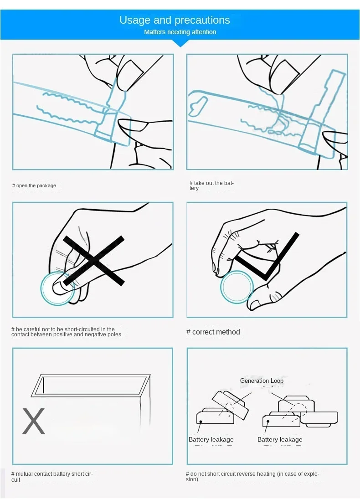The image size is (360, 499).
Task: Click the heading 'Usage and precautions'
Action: tap(175, 20)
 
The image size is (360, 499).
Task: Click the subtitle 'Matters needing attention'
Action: tap(180, 32)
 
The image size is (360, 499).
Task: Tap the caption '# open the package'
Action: tap(34, 185)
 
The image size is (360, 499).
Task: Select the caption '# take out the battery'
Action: tap(211, 185)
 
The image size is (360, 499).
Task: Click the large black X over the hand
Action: tap(93, 261)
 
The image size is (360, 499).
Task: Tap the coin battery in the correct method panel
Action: tap(237, 287)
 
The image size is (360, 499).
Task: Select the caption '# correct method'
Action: tap(213, 332)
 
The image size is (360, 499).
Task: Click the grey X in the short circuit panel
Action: tap(33, 421)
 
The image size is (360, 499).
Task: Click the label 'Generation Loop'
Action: tap(262, 381)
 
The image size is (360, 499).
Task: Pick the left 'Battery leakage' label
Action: tap(211, 439)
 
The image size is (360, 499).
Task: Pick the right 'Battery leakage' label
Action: tap(280, 439)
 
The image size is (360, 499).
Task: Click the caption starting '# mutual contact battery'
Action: tap(52, 477)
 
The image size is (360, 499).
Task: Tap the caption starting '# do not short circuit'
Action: tap(252, 476)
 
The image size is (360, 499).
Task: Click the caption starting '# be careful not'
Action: tap(66, 332)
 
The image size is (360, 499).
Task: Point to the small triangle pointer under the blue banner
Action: tap(180, 43)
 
